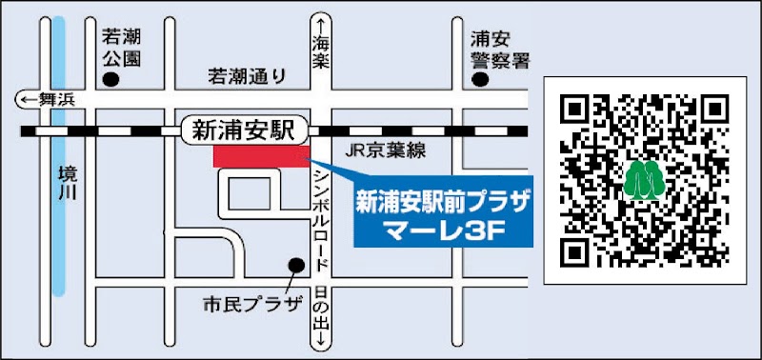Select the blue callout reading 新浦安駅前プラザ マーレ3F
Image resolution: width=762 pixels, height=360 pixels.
pyautogui.click(x=443, y=214)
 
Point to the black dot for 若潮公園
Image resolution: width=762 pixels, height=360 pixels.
pyautogui.click(x=111, y=82)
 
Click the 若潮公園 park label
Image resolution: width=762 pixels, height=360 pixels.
pyautogui.click(x=121, y=49)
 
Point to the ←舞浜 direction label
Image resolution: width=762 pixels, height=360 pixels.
pyautogui.click(x=44, y=98)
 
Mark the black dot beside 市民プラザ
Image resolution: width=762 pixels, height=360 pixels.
pyautogui.click(x=296, y=265)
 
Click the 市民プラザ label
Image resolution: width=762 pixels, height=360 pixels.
pyautogui.click(x=251, y=306)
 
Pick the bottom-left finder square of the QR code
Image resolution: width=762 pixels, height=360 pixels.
pyautogui.click(x=577, y=251)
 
